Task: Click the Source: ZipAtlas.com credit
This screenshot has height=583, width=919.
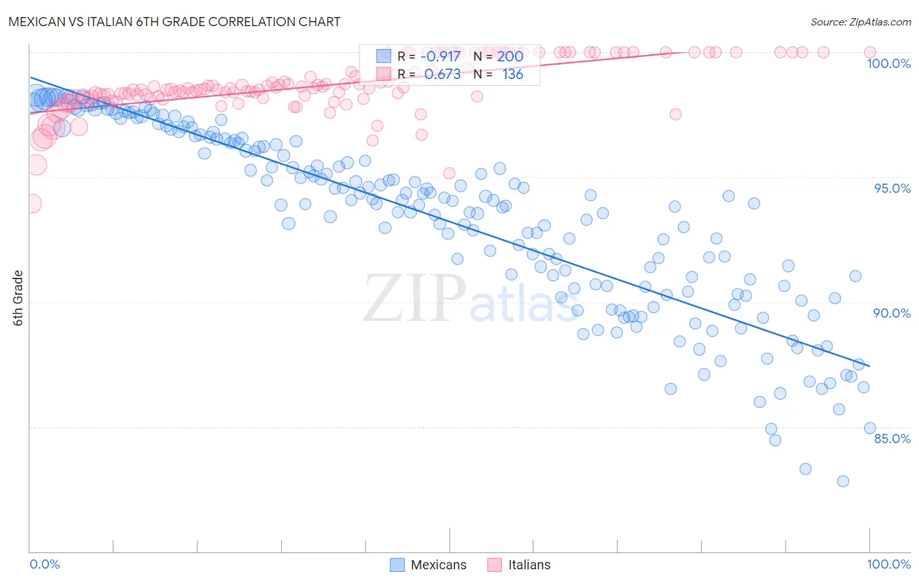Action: pyautogui.click(x=860, y=22)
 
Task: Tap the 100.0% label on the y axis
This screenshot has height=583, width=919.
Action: pyautogui.click(x=888, y=63)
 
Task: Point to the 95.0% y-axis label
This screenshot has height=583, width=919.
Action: pyautogui.click(x=892, y=188)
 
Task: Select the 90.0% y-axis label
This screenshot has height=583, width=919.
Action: pyautogui.click(x=892, y=313)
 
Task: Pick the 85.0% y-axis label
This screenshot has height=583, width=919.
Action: pyautogui.click(x=892, y=439)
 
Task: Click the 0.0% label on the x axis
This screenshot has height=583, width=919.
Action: pyautogui.click(x=44, y=564)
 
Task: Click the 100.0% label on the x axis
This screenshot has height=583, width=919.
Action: pyautogui.click(x=888, y=564)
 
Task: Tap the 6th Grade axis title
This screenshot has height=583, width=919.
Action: pyautogui.click(x=18, y=297)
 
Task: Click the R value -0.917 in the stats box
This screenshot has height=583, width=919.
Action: pyautogui.click(x=443, y=56)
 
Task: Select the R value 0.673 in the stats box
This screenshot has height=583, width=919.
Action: pyautogui.click(x=443, y=74)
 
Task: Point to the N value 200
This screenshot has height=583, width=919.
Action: pyautogui.click(x=510, y=56)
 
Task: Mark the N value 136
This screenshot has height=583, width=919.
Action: pyautogui.click(x=512, y=74)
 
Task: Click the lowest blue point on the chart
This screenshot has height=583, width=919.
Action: pyautogui.click(x=843, y=481)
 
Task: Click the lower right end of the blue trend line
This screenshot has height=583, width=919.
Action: pyautogui.click(x=869, y=367)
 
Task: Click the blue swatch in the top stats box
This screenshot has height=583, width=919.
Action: pyautogui.click(x=383, y=56)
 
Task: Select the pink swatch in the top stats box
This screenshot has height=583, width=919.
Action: pyautogui.click(x=383, y=74)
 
